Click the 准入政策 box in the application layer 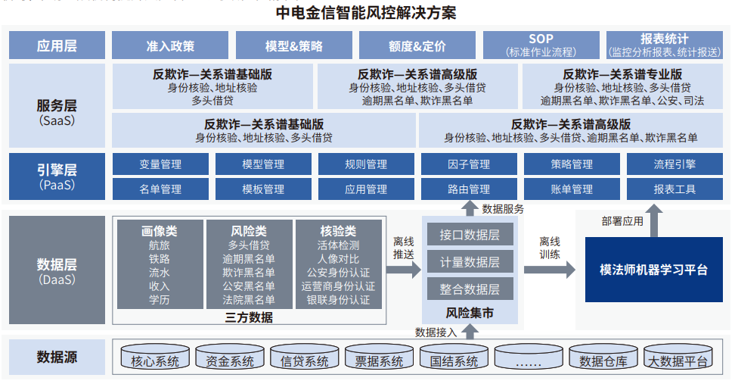170,45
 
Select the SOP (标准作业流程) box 541,45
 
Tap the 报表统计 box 665,45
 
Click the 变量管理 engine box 160,164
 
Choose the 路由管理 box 469,189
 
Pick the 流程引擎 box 675,164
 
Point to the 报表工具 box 675,189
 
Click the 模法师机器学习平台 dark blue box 653,269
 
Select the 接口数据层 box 470,235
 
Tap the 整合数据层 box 470,289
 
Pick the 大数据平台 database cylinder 678,360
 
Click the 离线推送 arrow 405,269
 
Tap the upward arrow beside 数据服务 470,209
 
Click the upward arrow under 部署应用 653,223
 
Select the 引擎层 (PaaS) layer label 57,176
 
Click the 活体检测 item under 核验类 338,245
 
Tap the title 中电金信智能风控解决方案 367,13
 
